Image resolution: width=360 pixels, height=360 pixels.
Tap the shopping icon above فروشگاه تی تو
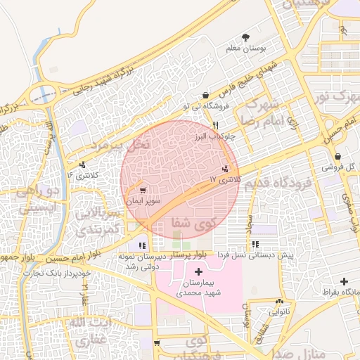click(x=205, y=95)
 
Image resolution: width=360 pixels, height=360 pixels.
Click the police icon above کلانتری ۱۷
click(x=225, y=169)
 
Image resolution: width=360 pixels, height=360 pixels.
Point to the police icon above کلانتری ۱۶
click(x=83, y=165)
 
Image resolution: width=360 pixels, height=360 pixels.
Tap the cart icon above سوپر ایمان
click(x=143, y=190)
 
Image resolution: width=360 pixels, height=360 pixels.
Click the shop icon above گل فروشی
click(x=339, y=156)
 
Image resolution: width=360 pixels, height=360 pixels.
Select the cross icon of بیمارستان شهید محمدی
click(x=198, y=271)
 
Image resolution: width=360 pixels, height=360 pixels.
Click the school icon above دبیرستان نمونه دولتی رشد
click(x=143, y=245)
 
